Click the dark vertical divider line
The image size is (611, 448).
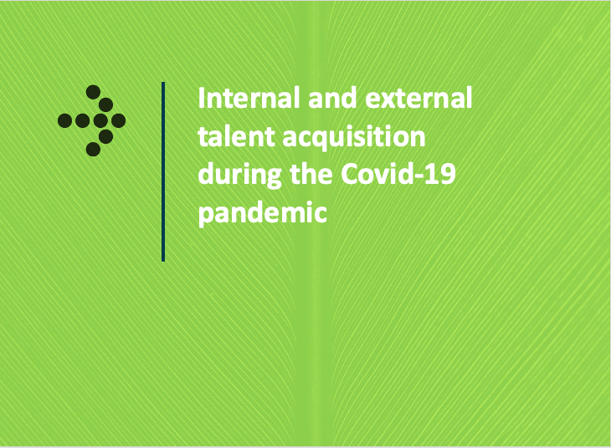(x=163, y=171)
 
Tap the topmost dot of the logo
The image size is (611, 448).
(x=93, y=92)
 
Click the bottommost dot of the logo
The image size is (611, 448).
(x=93, y=150)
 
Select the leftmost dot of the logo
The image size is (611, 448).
(x=64, y=121)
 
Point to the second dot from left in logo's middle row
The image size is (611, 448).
(x=82, y=121)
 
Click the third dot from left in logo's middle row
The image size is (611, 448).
(x=100, y=121)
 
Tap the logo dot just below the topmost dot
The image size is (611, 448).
(x=105, y=104)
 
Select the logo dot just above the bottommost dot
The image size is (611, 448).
(x=105, y=135)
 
